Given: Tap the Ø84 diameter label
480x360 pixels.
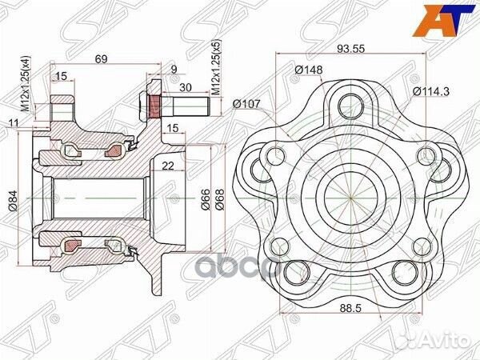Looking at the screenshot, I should pos(14,197).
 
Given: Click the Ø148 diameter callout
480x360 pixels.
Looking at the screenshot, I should pos(307,70).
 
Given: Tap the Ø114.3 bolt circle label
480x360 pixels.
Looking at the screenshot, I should pos(431,91).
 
